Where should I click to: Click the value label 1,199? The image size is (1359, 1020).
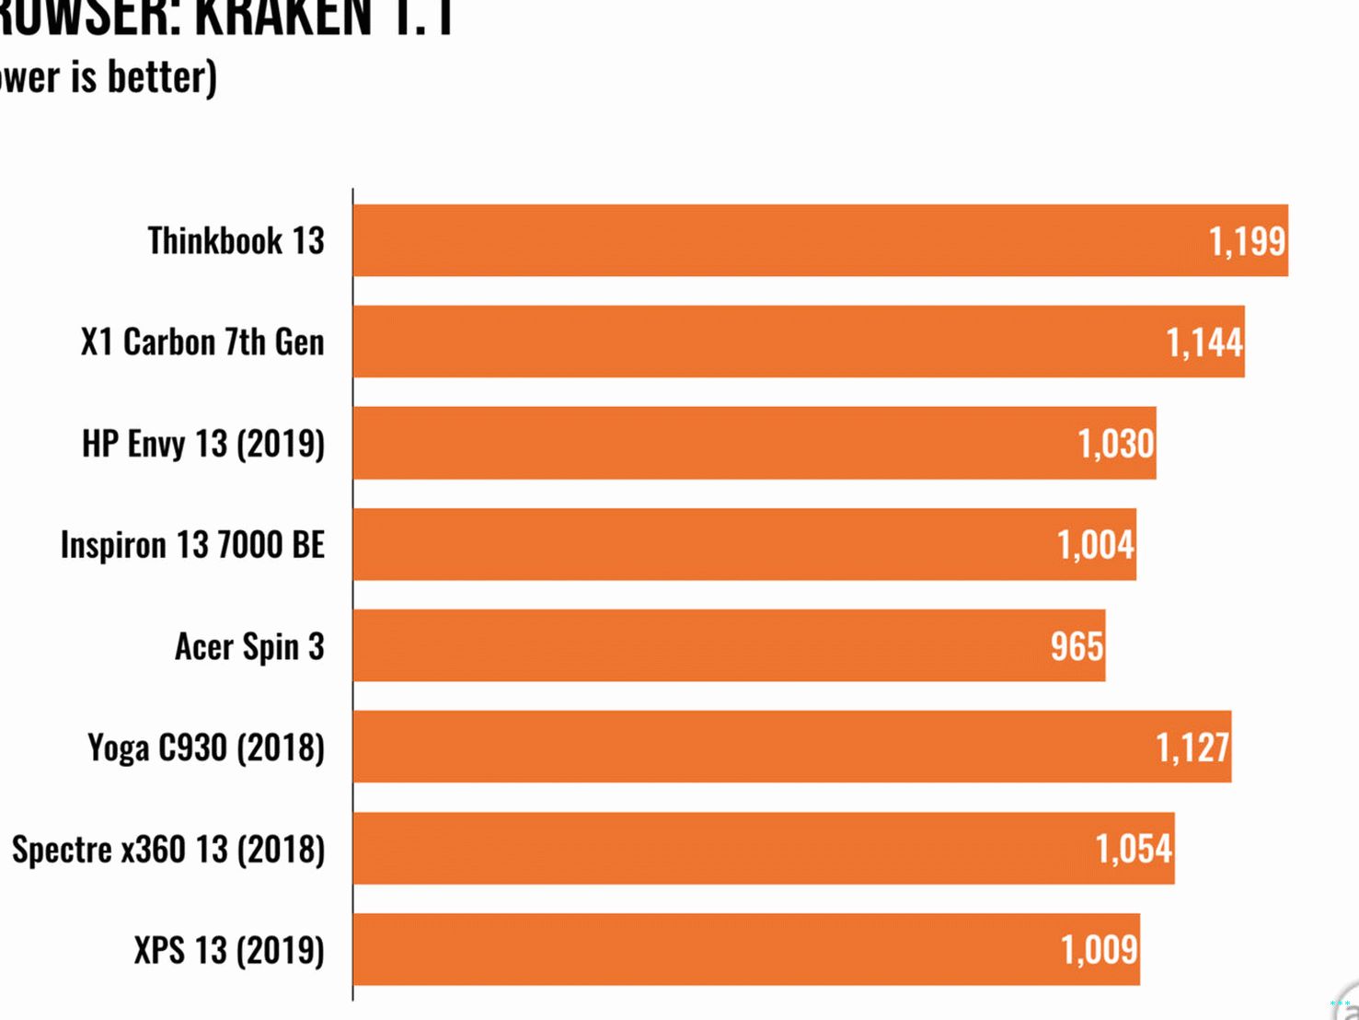pos(1247,241)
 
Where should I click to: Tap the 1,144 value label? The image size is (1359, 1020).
pos(1204,342)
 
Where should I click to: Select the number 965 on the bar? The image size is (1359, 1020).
pos(1077,646)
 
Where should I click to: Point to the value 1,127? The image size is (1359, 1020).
pos(1192,748)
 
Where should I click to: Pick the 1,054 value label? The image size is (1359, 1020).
pos(1134,849)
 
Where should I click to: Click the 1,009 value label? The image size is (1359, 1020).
pos(1100,950)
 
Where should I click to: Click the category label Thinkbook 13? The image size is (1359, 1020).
pos(236,240)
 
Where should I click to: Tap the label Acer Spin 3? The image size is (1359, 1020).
pos(249,646)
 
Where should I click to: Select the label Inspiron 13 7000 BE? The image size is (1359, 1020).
pos(192,544)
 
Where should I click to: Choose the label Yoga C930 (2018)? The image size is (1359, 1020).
pos(206,748)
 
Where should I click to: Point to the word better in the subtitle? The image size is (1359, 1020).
pos(162,76)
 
